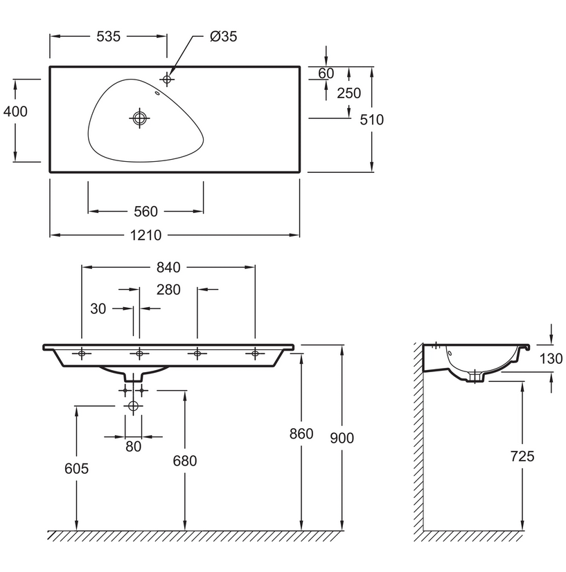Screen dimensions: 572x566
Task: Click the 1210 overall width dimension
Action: click(145, 235)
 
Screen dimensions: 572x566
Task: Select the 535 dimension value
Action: click(108, 37)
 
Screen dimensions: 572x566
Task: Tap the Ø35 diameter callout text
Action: click(223, 37)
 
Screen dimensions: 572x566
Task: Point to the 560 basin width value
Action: click(145, 211)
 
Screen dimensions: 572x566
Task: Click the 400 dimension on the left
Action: click(15, 111)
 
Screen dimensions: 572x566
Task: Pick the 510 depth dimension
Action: click(372, 120)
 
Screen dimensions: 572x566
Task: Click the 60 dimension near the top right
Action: click(326, 73)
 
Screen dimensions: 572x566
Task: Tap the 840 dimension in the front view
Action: click(168, 267)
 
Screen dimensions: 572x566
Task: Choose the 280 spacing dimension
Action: click(168, 290)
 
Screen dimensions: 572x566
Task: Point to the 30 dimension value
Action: click(98, 308)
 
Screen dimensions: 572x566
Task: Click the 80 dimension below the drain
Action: click(133, 446)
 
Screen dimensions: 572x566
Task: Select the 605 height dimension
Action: click(76, 468)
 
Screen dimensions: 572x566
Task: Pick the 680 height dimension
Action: click(186, 461)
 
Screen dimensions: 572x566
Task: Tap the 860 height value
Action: click(301, 434)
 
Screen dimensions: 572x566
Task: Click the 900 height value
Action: click(342, 438)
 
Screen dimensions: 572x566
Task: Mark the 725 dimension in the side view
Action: click(521, 456)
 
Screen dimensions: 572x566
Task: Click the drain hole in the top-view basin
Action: click(139, 118)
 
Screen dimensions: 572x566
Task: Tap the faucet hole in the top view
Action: click(166, 78)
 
